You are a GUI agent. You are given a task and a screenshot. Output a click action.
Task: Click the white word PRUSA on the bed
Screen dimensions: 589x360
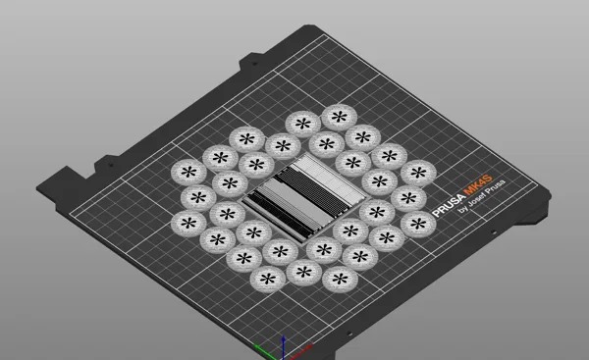pyautogui.click(x=448, y=206)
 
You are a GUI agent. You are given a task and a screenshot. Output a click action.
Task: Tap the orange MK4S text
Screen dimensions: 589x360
pyautogui.click(x=477, y=184)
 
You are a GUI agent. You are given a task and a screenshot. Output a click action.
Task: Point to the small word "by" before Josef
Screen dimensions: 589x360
pyautogui.click(x=462, y=209)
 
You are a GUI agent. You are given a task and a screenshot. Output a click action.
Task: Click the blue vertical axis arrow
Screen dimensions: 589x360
pyautogui.click(x=284, y=346)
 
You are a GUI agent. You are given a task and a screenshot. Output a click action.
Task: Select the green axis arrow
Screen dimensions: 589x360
pyautogui.click(x=267, y=351)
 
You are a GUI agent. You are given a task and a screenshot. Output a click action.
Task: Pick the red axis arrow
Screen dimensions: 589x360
pyautogui.click(x=298, y=351)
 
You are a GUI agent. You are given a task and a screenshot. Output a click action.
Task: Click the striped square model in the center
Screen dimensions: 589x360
pyautogui.click(x=304, y=196)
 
